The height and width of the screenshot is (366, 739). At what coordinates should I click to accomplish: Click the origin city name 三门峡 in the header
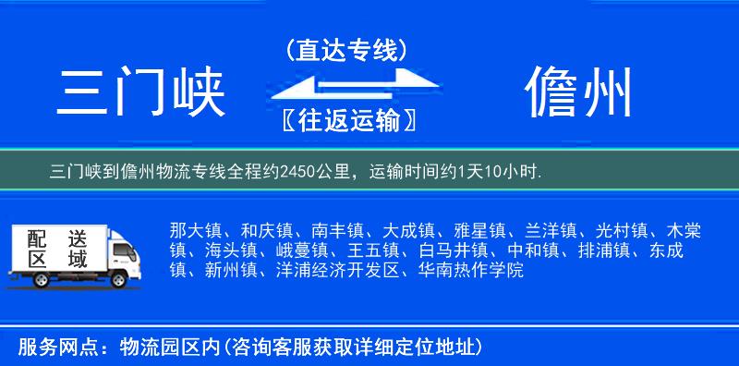pos(141,94)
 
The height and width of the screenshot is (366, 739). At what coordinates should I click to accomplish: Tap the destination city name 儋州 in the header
pos(579,93)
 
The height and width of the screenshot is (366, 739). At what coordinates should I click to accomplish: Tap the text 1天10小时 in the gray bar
pos(500,172)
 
